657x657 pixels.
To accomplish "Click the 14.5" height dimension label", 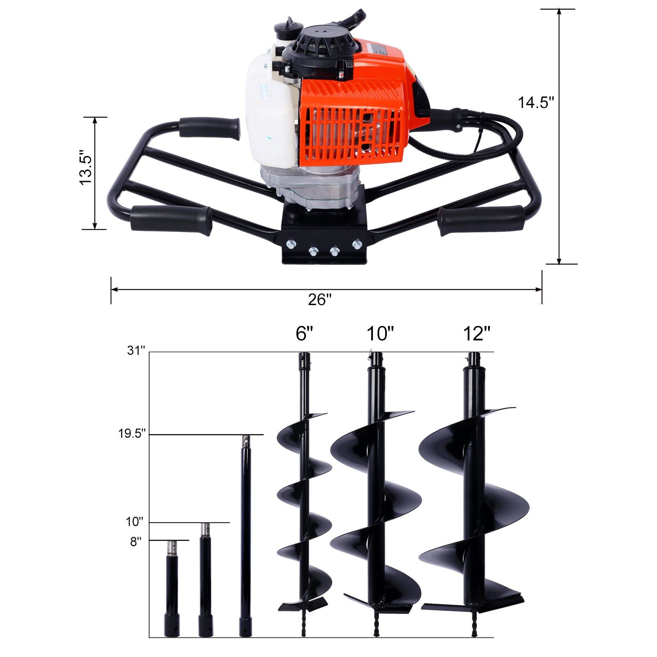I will [536, 102].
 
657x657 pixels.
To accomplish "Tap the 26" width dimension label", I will [320, 299].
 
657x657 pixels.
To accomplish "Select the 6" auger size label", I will [304, 333].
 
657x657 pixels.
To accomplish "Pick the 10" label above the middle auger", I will [380, 333].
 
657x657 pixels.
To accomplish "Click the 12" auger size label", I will [477, 333].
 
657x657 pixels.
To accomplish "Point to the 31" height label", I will [136, 351].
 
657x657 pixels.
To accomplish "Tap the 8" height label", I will [136, 542].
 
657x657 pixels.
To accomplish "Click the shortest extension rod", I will [172, 591].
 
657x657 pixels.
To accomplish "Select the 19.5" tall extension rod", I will [246, 534].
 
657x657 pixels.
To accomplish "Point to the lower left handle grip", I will [171, 220].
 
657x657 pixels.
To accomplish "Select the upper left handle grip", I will [209, 128].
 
